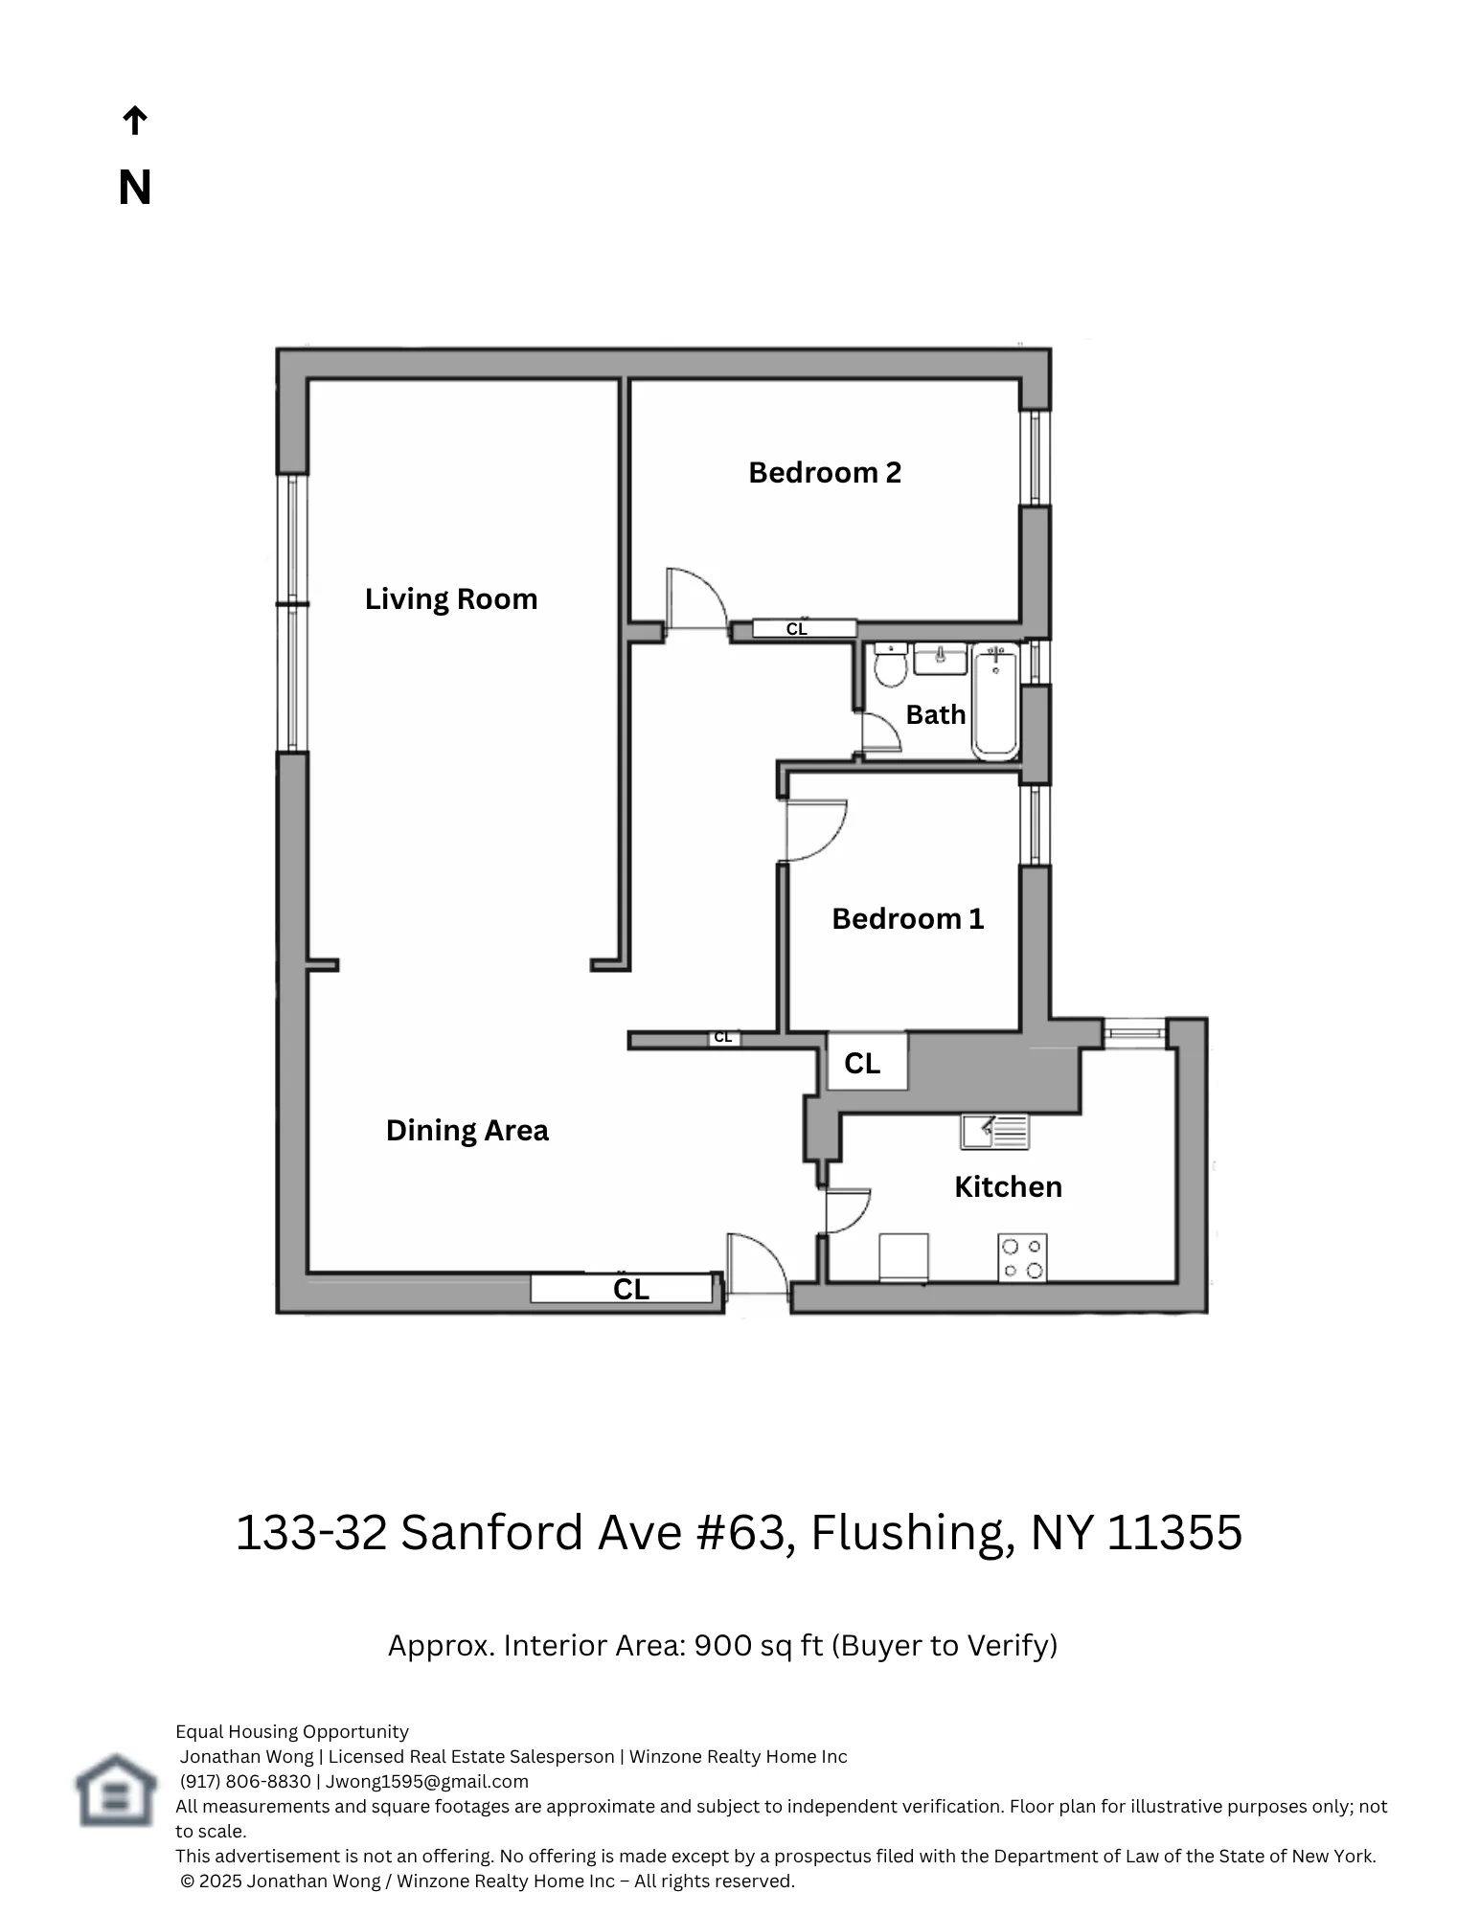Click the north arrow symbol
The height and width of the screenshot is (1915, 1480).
134,122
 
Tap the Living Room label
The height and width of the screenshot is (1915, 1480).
451,599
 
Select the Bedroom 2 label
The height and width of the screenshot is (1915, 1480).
825,473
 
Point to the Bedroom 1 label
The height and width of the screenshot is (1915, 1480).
907,919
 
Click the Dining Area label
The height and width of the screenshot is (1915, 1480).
467,1131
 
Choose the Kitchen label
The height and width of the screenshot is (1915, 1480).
1008,1187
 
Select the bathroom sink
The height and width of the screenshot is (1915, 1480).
941,659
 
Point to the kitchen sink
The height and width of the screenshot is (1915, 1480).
994,1132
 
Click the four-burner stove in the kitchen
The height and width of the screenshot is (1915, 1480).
1022,1258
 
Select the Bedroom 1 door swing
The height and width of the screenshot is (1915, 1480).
814,829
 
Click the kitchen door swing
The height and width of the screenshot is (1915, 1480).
847,1210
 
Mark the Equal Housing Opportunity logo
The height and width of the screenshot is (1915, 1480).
116,1790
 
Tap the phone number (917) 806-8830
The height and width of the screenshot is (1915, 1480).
245,1782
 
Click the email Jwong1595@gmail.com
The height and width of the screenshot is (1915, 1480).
427,1782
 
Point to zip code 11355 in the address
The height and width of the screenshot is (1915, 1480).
1174,1533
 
